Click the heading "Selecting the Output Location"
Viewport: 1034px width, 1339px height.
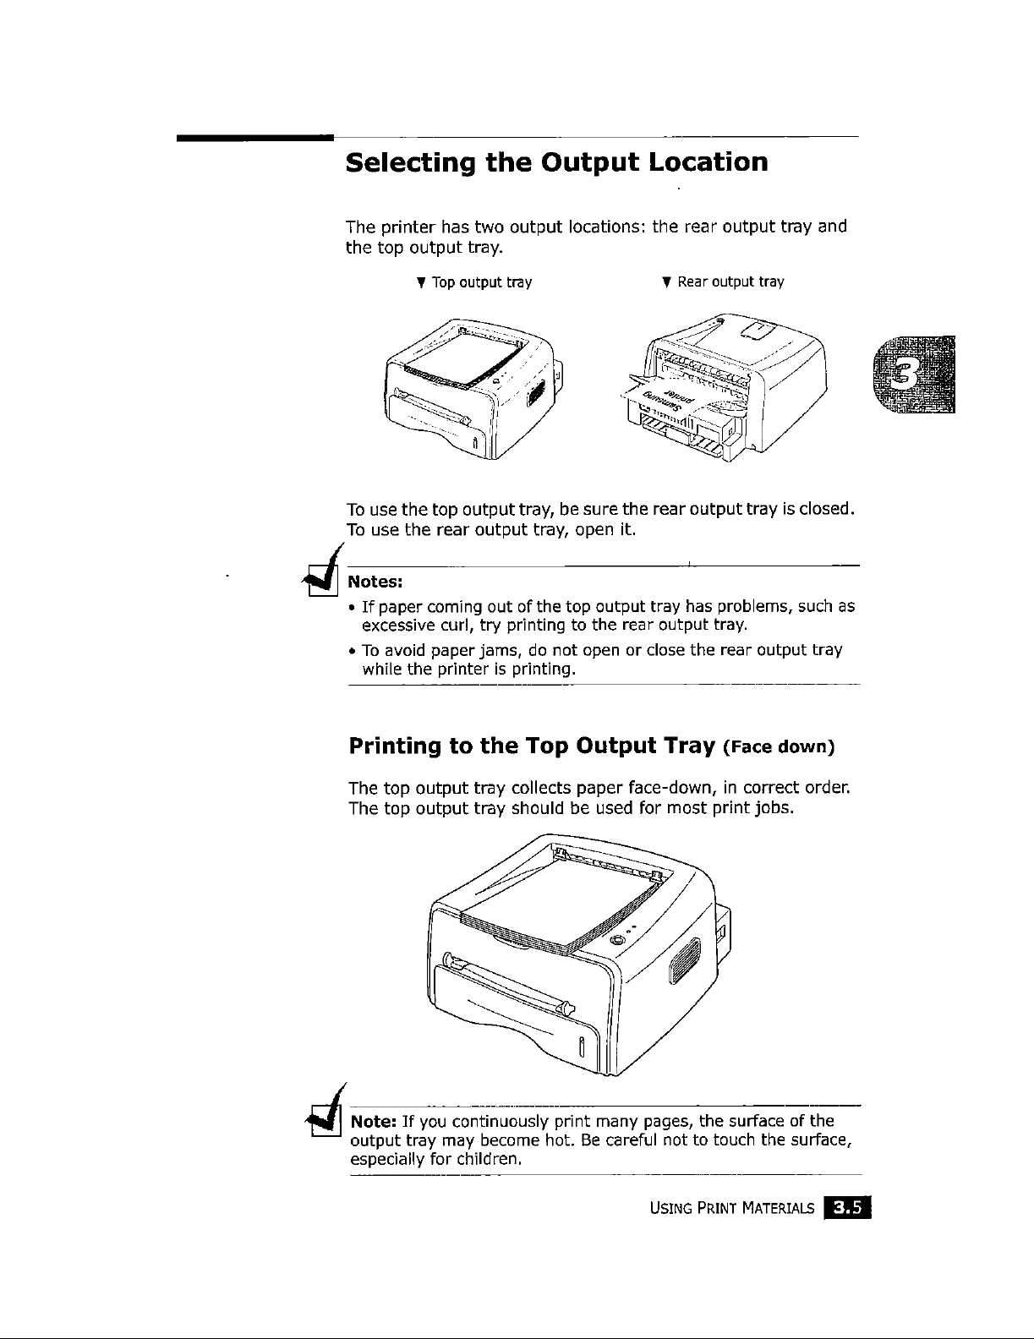[x=557, y=161]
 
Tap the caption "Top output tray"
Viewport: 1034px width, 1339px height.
[x=481, y=282]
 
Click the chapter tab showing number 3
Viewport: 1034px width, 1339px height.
[x=916, y=374]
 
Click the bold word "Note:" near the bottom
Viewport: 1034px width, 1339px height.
[x=369, y=1122]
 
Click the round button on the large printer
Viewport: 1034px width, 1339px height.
[x=616, y=941]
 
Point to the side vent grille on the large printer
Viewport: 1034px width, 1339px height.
[x=684, y=961]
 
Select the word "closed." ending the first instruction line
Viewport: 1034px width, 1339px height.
[x=829, y=510]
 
